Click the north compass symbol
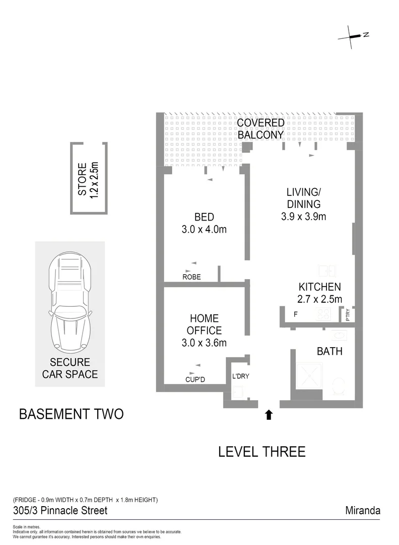(x=355, y=36)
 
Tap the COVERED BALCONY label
(x=260, y=129)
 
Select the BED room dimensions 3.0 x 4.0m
(x=204, y=230)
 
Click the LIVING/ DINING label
(x=303, y=198)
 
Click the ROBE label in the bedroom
(x=191, y=277)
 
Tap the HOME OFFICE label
(x=204, y=324)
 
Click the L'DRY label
(x=240, y=376)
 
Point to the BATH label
(x=329, y=351)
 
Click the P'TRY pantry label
(x=350, y=315)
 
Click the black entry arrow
(x=269, y=414)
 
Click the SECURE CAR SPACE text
(x=70, y=368)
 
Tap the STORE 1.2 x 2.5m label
(x=88, y=180)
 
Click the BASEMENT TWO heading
(x=71, y=414)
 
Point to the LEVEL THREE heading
(x=261, y=451)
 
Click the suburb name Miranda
(x=362, y=511)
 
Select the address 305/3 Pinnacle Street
(x=60, y=511)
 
